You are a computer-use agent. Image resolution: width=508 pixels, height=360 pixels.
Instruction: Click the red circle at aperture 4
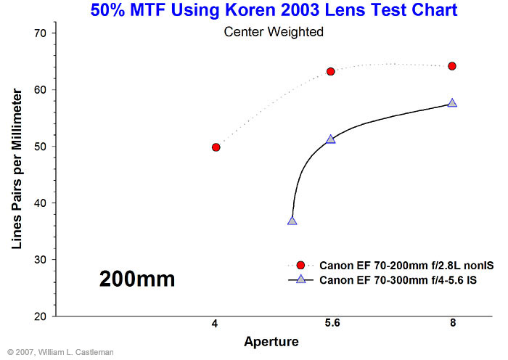[x=216, y=147]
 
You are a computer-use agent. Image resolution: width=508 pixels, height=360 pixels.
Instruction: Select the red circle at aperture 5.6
[x=330, y=72]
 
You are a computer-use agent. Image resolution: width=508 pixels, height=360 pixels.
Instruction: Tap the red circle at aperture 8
[x=452, y=66]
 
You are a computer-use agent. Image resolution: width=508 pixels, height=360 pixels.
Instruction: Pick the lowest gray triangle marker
[x=292, y=221]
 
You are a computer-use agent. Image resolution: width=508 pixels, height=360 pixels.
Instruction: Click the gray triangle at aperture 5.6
[x=330, y=139]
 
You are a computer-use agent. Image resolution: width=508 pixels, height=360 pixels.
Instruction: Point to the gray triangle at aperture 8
[x=452, y=103]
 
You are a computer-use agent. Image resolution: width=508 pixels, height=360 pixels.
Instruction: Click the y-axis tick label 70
[x=40, y=33]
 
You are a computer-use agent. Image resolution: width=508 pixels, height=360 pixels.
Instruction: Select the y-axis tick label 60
[x=40, y=90]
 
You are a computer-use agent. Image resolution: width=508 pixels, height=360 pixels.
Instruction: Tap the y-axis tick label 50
[x=40, y=147]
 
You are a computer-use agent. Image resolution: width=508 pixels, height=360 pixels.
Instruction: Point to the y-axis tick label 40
[x=40, y=203]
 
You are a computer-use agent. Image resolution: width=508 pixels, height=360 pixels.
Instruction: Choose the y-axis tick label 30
[x=40, y=260]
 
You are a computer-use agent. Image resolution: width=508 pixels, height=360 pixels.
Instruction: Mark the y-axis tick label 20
[x=40, y=316]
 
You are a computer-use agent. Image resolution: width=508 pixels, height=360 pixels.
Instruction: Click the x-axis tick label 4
[x=215, y=323]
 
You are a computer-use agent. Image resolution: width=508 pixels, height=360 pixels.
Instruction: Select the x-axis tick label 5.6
[x=332, y=323]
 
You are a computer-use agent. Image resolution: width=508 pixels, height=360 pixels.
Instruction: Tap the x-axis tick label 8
[x=453, y=323]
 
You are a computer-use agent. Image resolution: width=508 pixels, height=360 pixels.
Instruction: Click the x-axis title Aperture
[x=271, y=342]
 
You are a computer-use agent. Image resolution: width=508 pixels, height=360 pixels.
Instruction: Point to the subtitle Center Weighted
[x=274, y=32]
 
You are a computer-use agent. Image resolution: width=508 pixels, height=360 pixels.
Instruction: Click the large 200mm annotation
[x=137, y=279]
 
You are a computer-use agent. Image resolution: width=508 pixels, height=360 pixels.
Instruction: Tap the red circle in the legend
[x=300, y=266]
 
